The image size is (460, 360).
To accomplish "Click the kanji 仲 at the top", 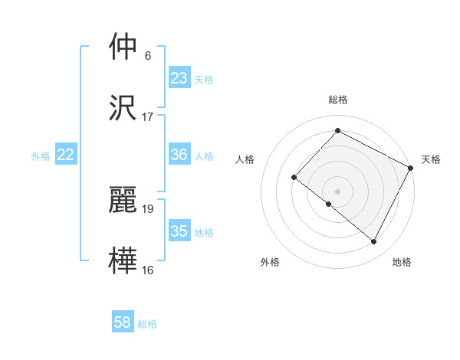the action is tap(123, 47).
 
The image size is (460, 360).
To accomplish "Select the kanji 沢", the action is tap(123, 107).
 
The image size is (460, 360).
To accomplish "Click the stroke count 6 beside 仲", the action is tap(148, 56).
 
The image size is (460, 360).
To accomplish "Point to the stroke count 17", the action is tap(148, 117).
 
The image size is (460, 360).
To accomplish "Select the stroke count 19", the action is tap(148, 208).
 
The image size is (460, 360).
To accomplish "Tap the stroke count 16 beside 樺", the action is tap(148, 270).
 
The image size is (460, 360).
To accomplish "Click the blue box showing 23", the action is tap(179, 78).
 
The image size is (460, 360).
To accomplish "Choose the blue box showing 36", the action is tap(179, 155).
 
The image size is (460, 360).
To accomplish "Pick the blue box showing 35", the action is tap(179, 231).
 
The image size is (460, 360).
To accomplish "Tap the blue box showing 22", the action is tap(66, 155).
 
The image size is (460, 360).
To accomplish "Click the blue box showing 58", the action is tap(123, 322).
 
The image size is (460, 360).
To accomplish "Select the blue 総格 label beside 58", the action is tap(147, 324).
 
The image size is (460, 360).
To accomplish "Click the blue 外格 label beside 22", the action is tap(41, 156).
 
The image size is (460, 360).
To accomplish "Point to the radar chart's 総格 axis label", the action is tap(338, 100).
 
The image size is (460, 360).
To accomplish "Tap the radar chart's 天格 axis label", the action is tap(432, 159).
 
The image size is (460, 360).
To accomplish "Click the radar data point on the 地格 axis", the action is tap(374, 242).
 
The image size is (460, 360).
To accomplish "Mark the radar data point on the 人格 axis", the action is tap(294, 178).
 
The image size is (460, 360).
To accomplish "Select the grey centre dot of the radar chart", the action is tap(337, 191).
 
